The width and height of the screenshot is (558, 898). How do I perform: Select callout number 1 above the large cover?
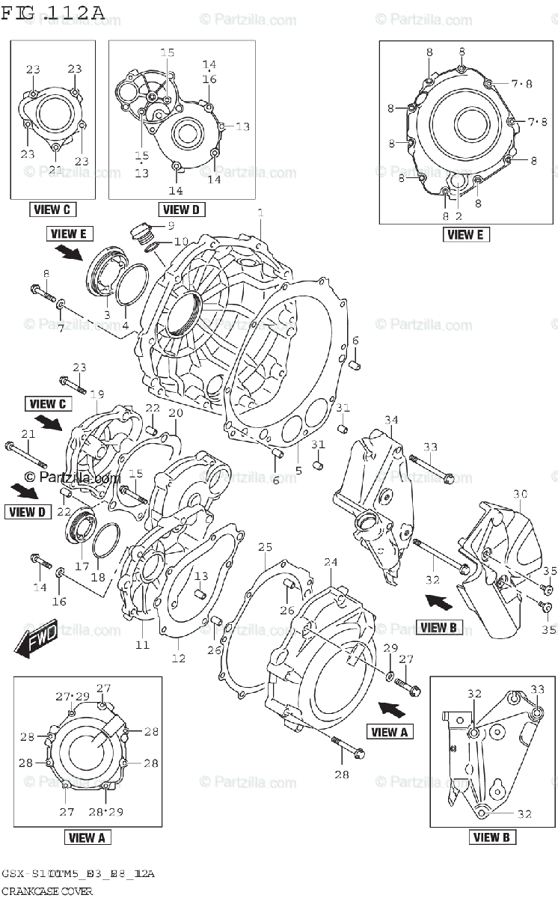[x=260, y=214]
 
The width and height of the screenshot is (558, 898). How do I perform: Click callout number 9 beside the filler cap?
[x=170, y=225]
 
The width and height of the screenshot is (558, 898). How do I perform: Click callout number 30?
[x=520, y=494]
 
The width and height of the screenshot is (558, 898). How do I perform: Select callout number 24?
[x=331, y=561]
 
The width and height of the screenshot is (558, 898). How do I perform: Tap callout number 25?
[x=265, y=548]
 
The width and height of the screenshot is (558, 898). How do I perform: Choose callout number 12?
[x=178, y=658]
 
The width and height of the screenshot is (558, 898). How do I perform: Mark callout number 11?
[x=142, y=644]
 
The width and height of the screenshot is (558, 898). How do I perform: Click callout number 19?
[x=97, y=394]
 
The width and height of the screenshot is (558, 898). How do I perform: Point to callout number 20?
[x=176, y=413]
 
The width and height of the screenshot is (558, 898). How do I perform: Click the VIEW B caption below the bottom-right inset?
[x=491, y=837]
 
